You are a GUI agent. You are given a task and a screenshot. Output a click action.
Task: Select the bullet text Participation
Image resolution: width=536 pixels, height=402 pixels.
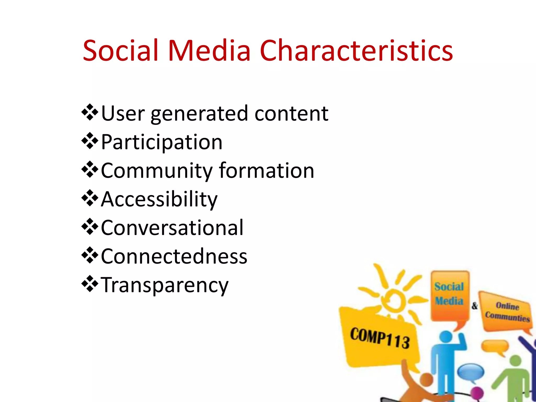(x=161, y=142)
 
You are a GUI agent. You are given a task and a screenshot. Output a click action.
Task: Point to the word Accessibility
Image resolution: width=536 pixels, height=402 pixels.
(x=159, y=199)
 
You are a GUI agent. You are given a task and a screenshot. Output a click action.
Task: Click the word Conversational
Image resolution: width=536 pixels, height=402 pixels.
(x=172, y=228)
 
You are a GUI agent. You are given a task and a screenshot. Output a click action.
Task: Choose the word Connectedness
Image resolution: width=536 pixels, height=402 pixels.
(x=174, y=256)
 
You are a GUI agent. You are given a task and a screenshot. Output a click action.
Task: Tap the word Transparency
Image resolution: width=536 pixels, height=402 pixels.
(x=165, y=285)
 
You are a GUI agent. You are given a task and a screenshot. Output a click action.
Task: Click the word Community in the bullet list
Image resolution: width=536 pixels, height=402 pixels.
(x=156, y=171)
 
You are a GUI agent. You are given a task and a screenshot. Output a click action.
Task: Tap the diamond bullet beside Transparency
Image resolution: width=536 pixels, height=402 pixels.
(x=90, y=284)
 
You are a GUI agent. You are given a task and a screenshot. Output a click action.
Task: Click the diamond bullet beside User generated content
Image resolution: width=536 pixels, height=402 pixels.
(x=90, y=112)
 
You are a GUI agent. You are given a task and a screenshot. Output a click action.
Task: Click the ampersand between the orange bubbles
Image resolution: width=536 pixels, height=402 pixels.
(x=474, y=305)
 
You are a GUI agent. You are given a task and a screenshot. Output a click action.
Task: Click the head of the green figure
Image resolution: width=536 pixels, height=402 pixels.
(x=515, y=361)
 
